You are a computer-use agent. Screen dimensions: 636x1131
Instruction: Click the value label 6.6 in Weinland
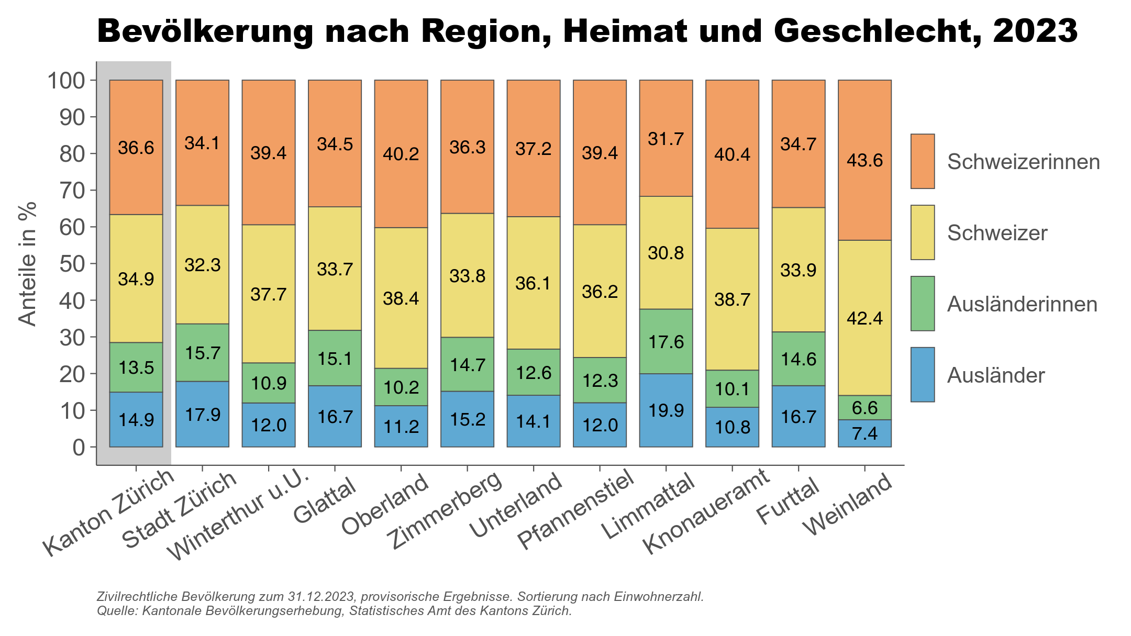pos(864,408)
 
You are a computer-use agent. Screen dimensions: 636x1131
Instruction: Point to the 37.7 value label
pos(269,294)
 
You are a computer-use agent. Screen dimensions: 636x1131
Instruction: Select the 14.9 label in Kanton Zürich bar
pos(136,420)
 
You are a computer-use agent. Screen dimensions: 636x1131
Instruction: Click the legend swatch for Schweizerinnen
pos(922,161)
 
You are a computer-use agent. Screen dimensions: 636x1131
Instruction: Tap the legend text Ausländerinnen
pos(1022,304)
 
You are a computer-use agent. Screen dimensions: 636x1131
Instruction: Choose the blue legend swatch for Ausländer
pos(922,375)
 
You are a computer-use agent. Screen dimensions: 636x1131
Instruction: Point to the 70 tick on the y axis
pos(72,191)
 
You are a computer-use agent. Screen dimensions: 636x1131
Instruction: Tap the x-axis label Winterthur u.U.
pos(241,516)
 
